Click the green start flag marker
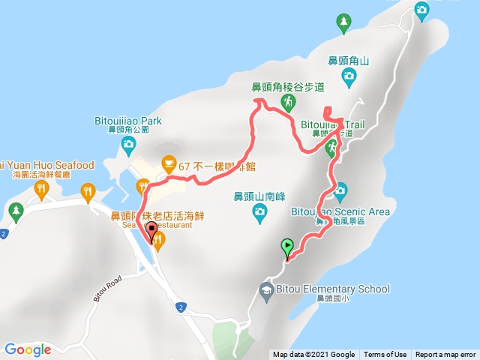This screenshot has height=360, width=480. coord(287,245)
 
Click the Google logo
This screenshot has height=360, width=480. coord(28,349)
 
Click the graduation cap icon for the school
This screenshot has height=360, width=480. coord(265,289)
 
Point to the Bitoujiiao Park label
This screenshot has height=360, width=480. coord(128,120)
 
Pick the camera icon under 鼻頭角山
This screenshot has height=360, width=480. coord(349,75)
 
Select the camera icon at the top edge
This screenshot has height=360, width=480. coord(421,8)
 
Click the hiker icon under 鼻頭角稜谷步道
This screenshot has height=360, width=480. coord(287,100)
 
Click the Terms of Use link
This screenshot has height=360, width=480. coord(385,355)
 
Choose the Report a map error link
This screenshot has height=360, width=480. coord(445,355)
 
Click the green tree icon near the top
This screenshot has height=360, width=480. coord(344,22)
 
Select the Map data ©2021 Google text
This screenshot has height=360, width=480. coord(313,355)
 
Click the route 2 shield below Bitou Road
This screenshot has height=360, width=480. coord(181,307)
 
